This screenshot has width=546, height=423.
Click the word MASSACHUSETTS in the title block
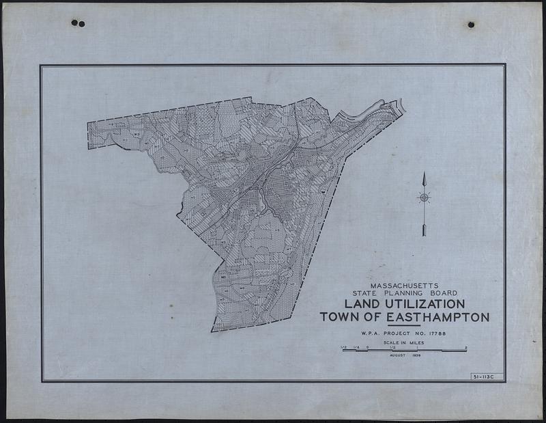tap(405, 284)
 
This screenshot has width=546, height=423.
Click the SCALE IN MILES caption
tap(405, 342)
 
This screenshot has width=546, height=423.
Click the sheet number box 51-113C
tap(487, 377)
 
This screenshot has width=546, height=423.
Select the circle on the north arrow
tap(424, 197)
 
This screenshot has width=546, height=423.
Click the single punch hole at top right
tap(471, 25)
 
